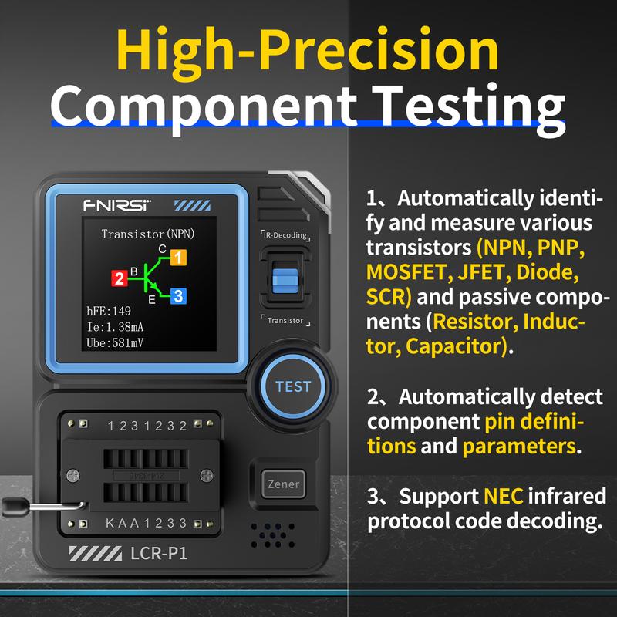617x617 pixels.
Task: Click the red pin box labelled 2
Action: pos(120,278)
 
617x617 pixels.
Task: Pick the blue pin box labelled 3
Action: pos(177,295)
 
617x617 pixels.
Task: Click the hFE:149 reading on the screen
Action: pos(108,312)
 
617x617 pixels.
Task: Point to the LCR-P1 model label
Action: pos(159,552)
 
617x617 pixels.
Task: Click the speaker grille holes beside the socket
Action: pos(272,533)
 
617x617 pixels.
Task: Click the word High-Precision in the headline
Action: pos(308,51)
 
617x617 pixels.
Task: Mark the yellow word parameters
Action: pos(518,447)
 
